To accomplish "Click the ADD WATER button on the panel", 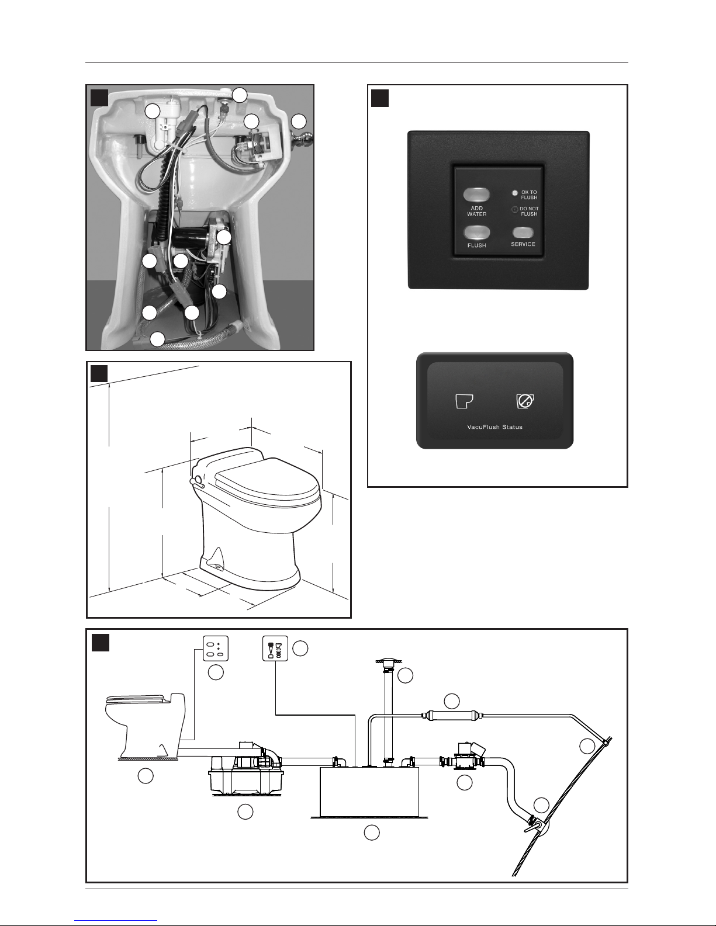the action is point(476,195).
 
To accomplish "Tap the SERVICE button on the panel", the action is point(523,233).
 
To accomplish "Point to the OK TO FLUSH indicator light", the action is point(515,193).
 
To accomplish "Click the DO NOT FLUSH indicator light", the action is point(515,210).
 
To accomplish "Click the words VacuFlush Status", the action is point(495,426).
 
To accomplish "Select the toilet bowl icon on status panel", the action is point(464,401).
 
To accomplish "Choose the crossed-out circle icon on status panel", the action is point(525,401).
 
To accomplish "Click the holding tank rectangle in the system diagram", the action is point(369,792).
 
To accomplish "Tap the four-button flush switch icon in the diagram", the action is point(216,648).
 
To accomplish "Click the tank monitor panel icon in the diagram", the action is point(275,648).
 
